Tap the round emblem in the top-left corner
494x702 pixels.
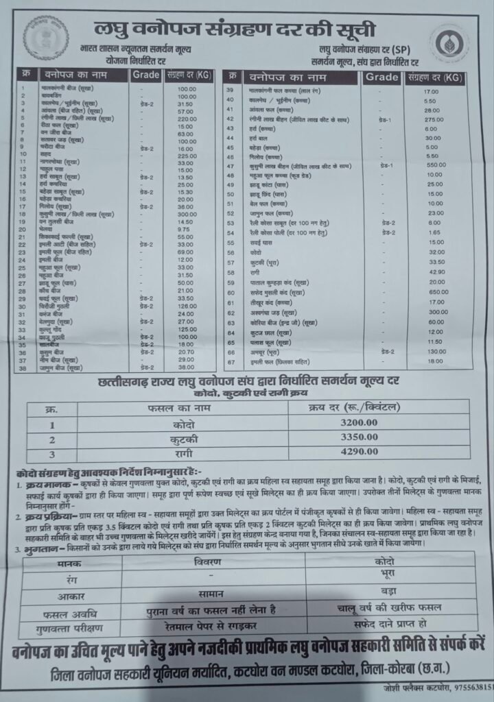[46, 38]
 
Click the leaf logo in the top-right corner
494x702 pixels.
[449, 45]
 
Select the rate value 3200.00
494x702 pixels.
[358, 423]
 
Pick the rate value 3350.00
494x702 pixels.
[358, 437]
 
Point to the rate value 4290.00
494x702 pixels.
[358, 451]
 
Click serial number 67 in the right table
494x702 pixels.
[231, 361]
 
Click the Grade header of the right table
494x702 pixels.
[381, 77]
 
